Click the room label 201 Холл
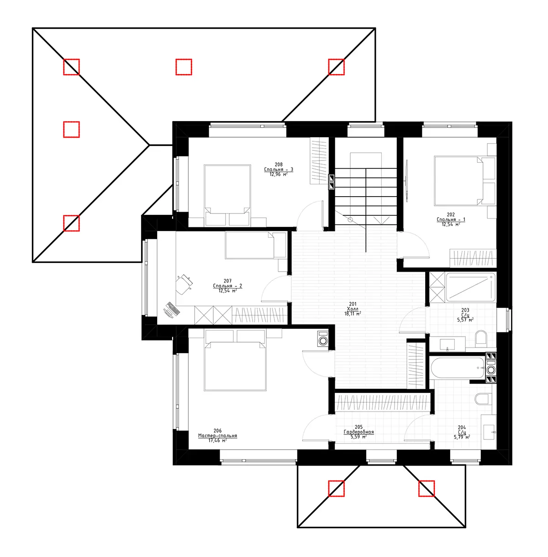353,309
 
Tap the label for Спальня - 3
278,170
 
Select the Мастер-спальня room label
217,436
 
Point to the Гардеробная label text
358,432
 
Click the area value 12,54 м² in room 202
450,225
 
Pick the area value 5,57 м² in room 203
465,320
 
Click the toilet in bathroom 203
481,338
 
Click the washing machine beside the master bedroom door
323,339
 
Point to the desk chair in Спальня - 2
184,284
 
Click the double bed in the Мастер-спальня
235,366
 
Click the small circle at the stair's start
350,220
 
